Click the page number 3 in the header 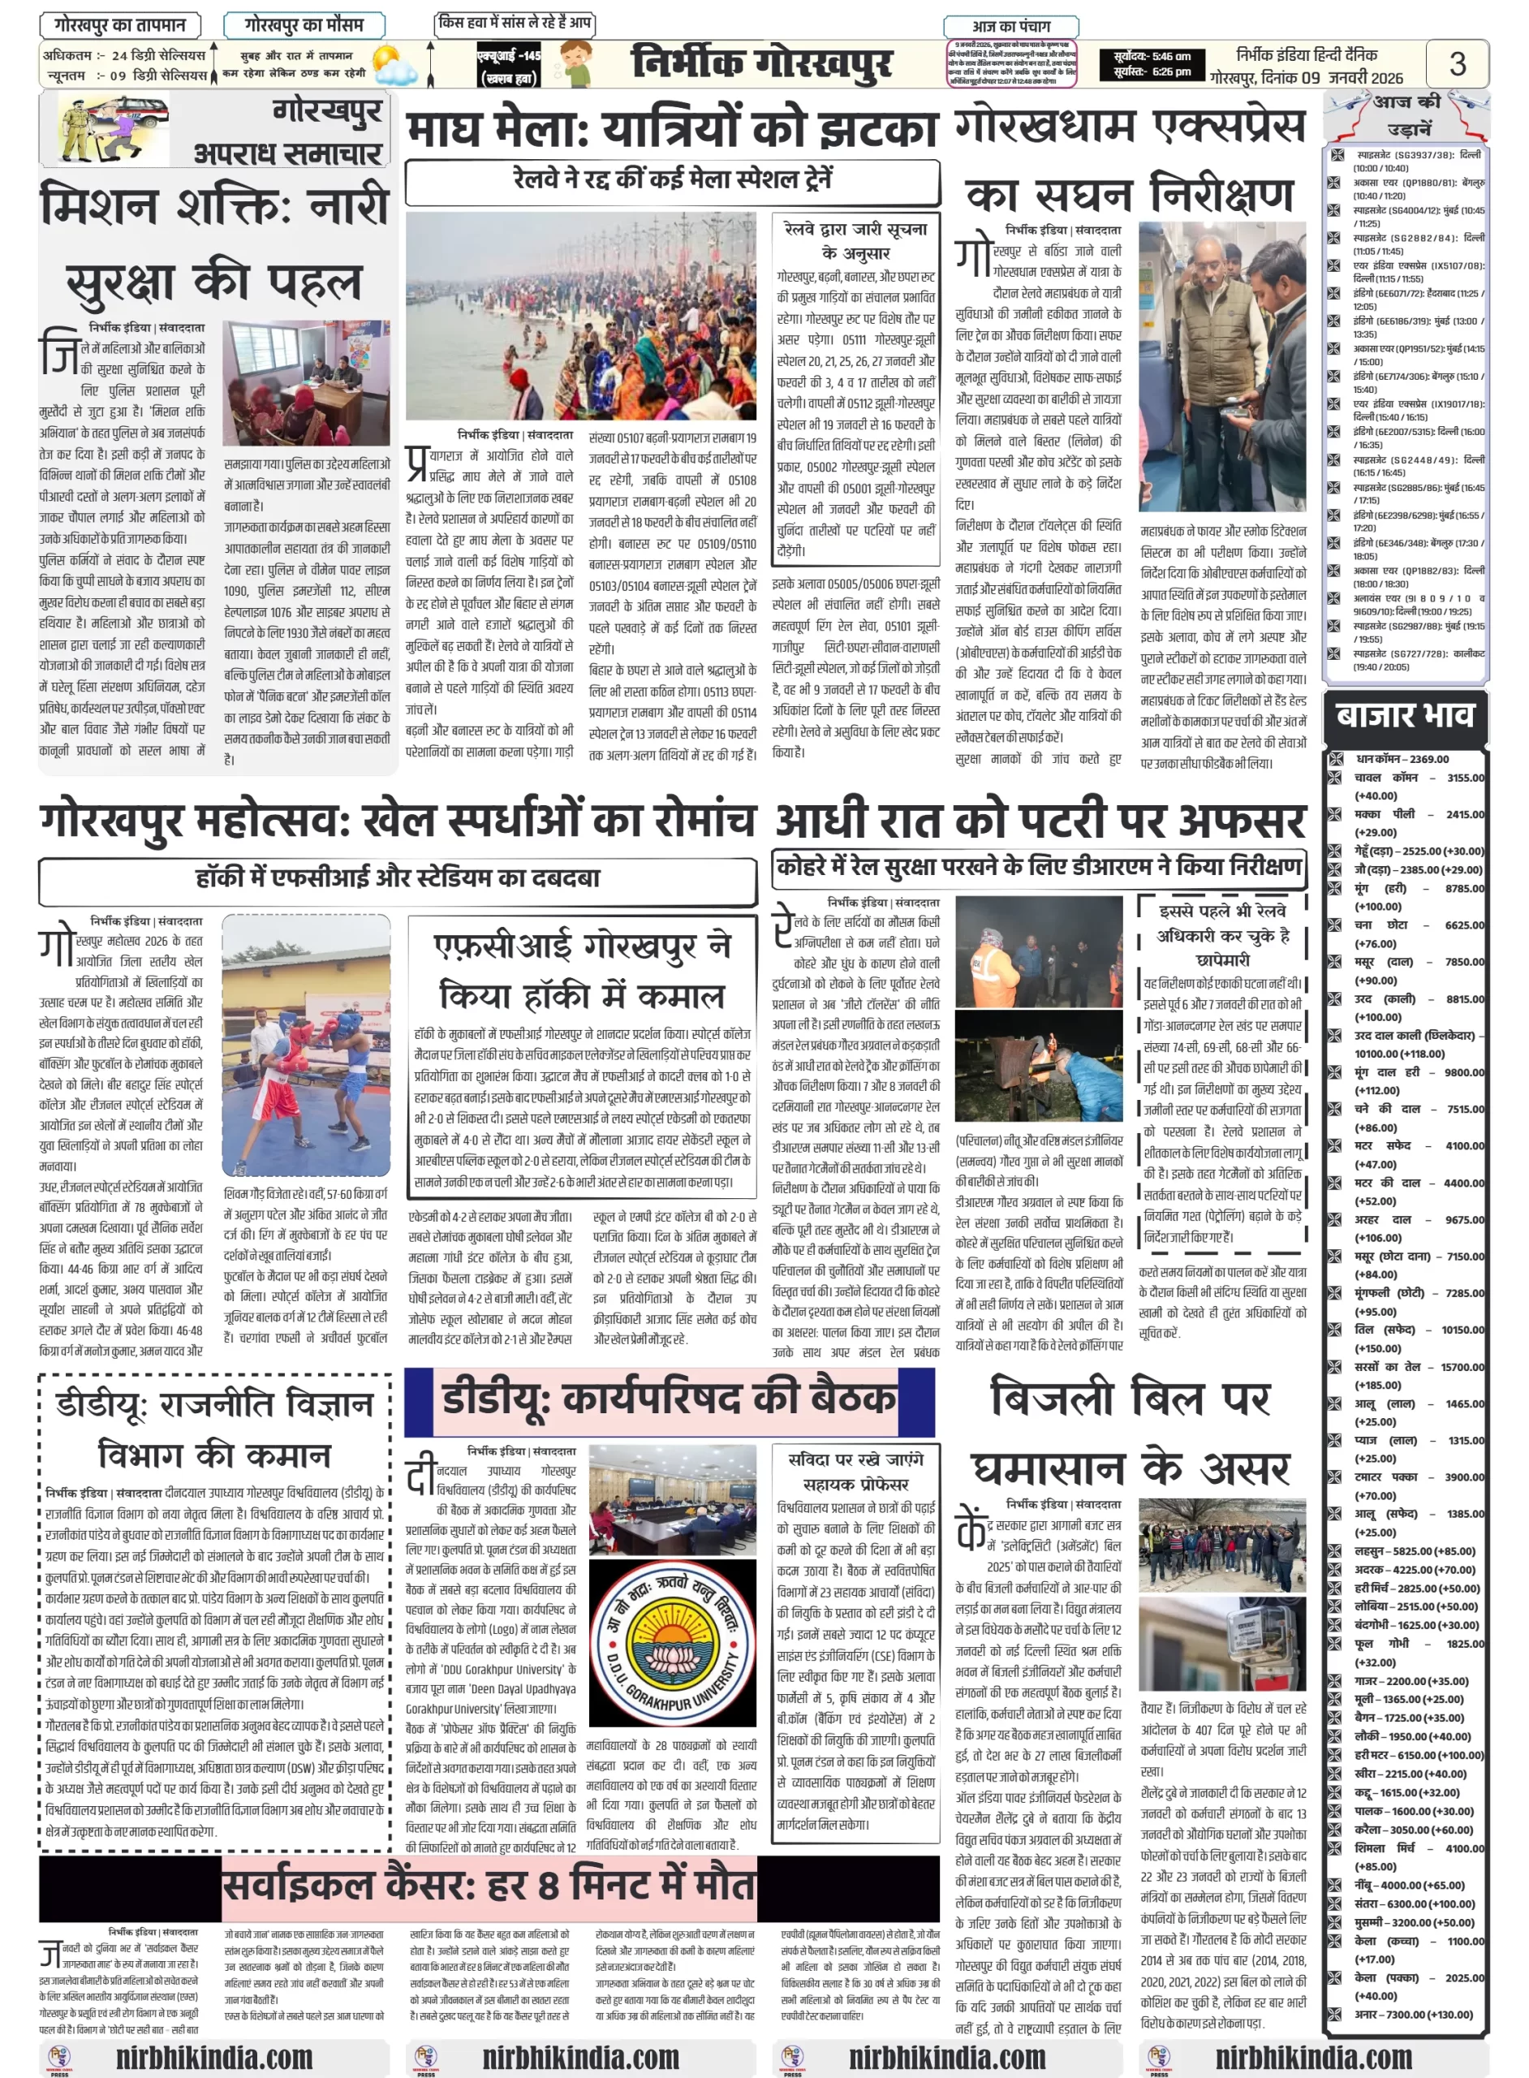pyautogui.click(x=1457, y=64)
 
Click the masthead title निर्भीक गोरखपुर pyautogui.click(x=762, y=64)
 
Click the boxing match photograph pyautogui.click(x=306, y=1046)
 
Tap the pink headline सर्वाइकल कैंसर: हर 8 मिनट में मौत pyautogui.click(x=489, y=1886)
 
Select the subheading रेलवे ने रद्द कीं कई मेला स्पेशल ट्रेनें pyautogui.click(x=672, y=179)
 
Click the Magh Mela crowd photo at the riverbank pyautogui.click(x=580, y=316)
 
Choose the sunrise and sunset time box pyautogui.click(x=1152, y=64)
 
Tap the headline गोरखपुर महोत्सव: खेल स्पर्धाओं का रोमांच pyautogui.click(x=397, y=820)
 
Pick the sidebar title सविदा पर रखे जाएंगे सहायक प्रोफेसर pyautogui.click(x=855, y=1472)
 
